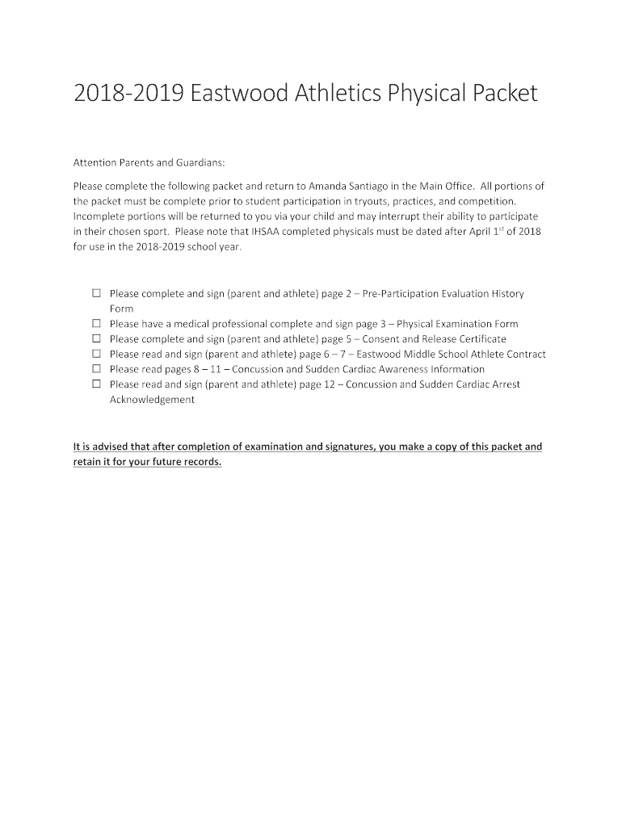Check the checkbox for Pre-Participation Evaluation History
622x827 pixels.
[96, 294]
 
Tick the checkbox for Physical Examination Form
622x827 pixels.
[96, 324]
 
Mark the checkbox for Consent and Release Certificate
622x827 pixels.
[96, 339]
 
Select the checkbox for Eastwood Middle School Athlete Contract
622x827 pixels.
[96, 355]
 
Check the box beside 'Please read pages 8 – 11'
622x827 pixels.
[96, 369]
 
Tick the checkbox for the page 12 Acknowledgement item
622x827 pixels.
[96, 384]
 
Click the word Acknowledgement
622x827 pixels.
[152, 400]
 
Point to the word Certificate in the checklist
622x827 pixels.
[477, 339]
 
